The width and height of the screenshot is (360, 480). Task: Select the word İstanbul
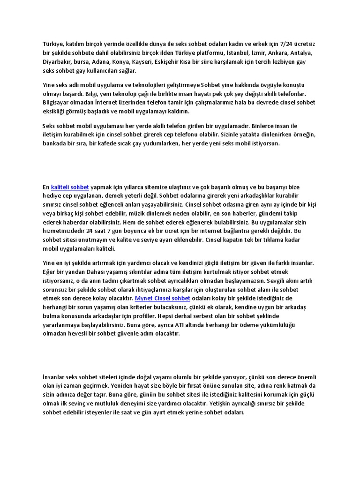240,53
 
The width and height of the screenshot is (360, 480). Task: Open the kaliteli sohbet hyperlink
70,187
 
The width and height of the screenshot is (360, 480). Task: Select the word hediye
52,195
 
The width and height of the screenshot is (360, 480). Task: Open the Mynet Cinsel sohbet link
162,298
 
